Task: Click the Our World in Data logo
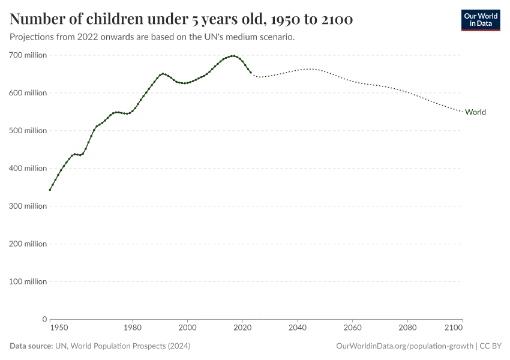coord(481,20)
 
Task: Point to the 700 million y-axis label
coord(28,55)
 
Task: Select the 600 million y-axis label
coord(28,93)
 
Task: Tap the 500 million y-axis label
coord(28,131)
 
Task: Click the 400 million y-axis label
coord(28,169)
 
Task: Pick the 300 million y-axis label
coord(28,206)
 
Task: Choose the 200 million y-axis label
coord(28,244)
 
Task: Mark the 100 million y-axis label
coord(28,282)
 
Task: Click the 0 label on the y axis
coord(44,319)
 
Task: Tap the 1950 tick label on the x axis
coord(58,328)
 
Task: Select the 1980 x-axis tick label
coord(133,328)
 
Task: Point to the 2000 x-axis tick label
coord(188,328)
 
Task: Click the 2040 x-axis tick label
coord(298,328)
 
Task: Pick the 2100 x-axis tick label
coord(454,328)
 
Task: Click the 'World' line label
coord(475,112)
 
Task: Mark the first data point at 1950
coord(50,190)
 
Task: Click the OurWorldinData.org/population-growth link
coord(405,346)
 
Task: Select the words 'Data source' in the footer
coord(31,346)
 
